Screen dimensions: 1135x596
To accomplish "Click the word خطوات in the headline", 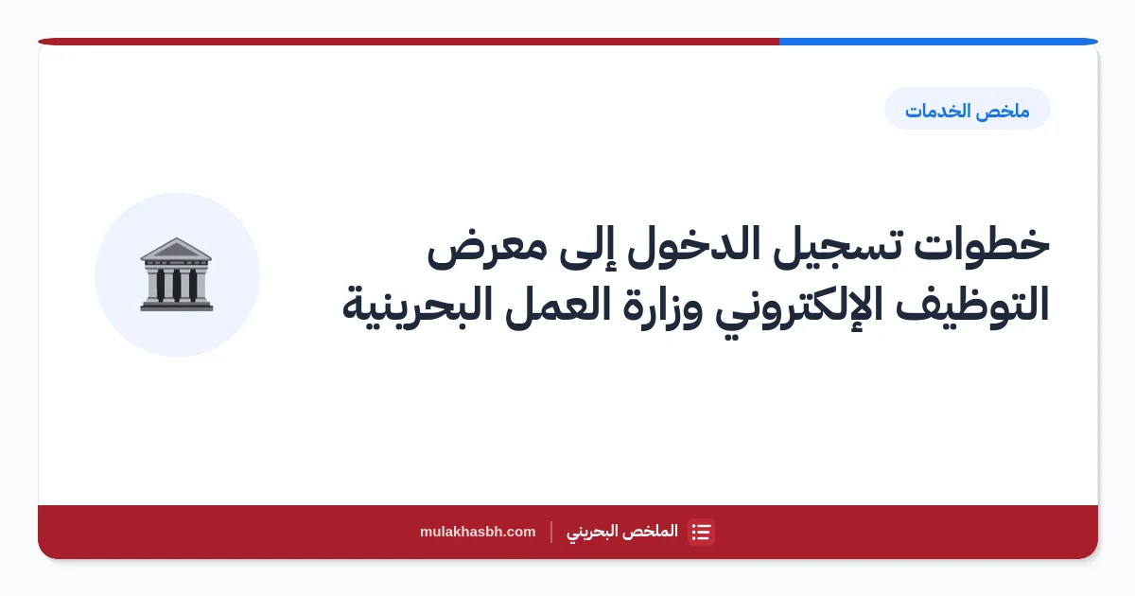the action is point(982,244).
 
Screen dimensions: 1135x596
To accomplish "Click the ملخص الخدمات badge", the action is point(968,109).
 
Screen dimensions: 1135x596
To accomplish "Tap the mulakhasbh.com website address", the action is point(478,532).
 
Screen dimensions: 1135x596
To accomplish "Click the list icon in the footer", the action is point(701,532).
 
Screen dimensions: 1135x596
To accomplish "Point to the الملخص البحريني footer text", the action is point(622,532).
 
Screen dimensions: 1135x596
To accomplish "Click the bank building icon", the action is point(177,274).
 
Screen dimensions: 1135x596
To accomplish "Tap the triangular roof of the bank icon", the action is point(176,249).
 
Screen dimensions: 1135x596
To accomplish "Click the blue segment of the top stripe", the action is point(938,42).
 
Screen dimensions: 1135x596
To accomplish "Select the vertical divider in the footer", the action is point(551,532).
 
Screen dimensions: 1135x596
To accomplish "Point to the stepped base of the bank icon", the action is point(177,306).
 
